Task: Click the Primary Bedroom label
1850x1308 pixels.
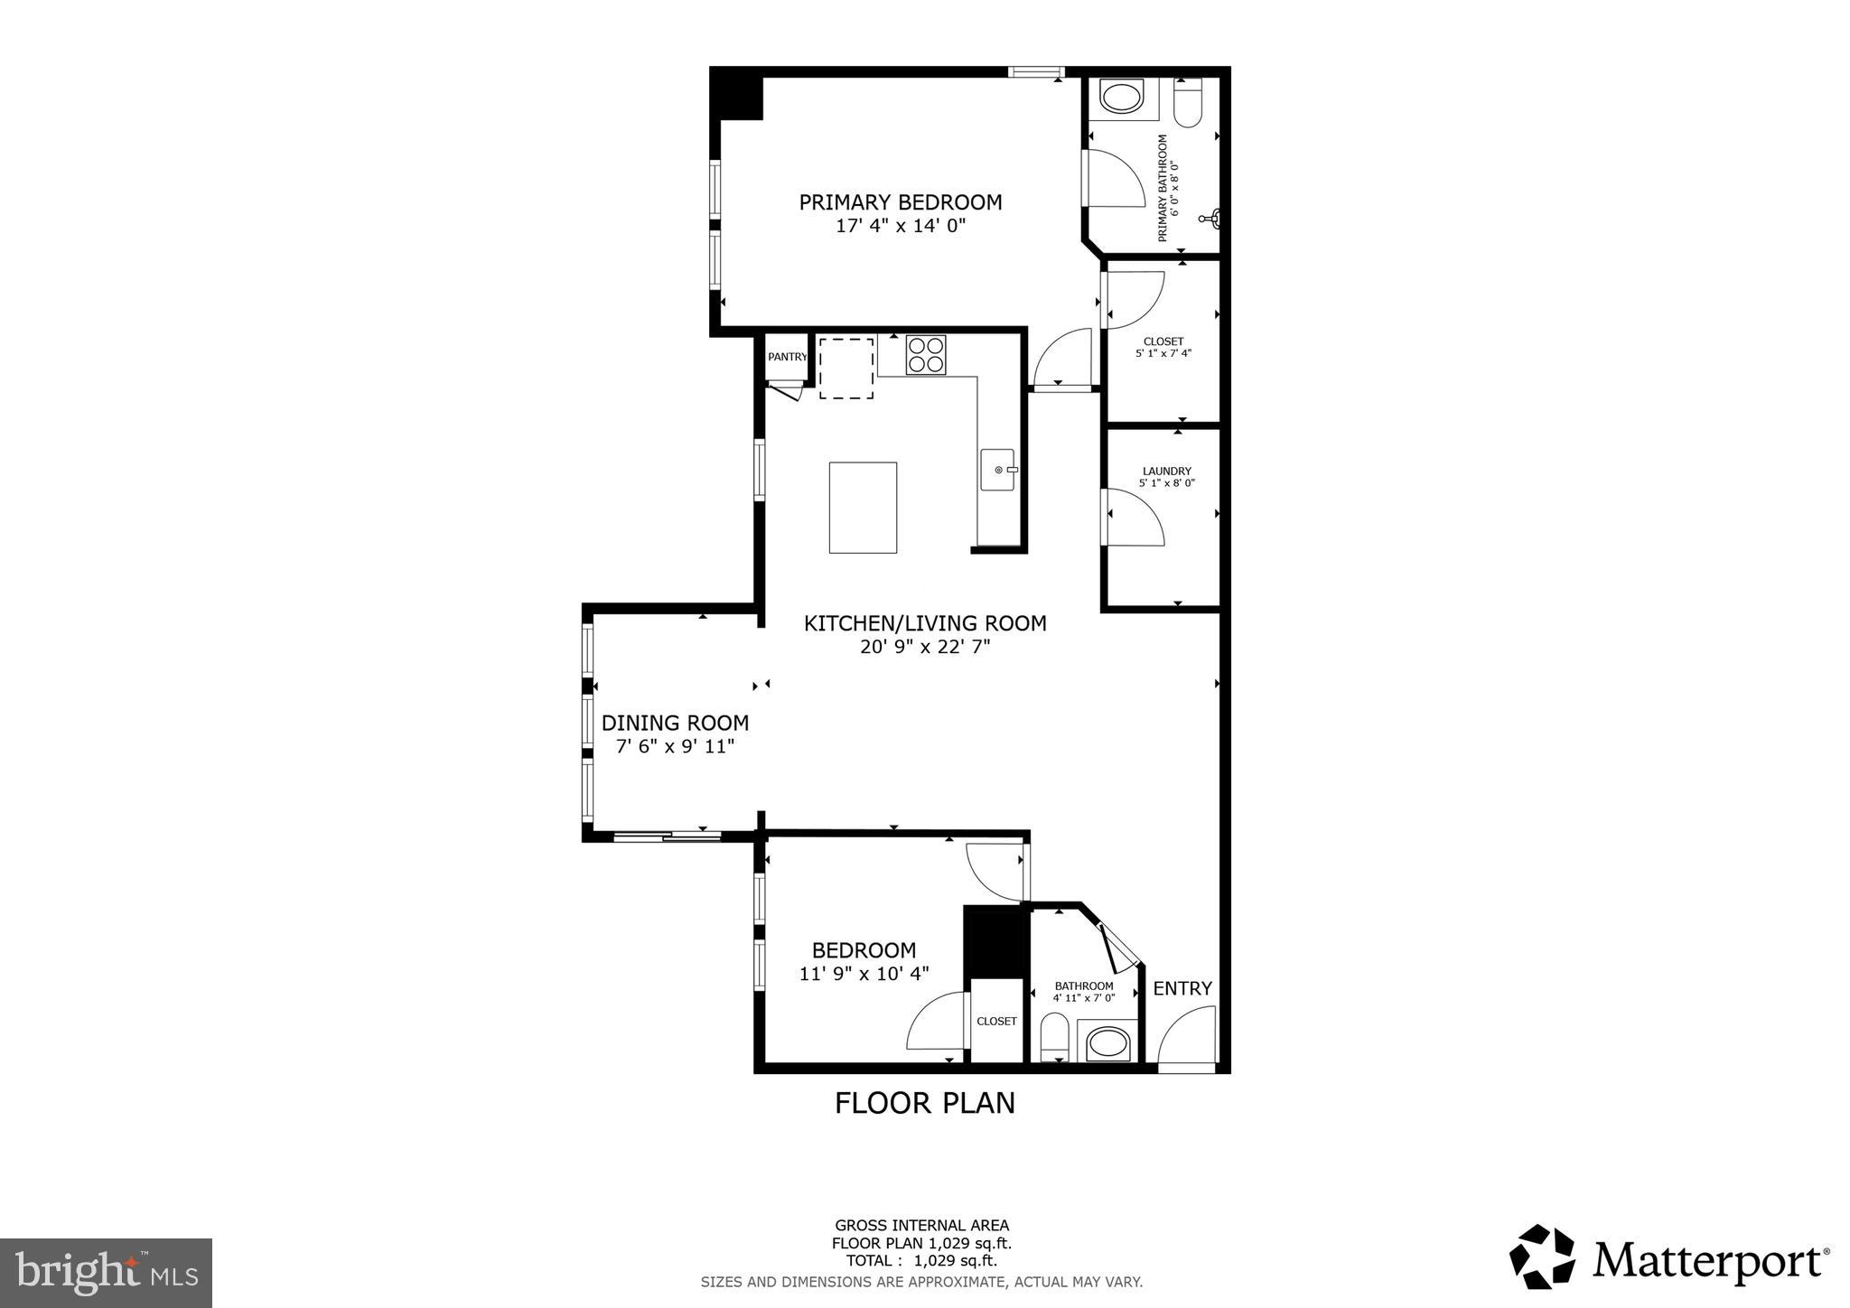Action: coord(900,202)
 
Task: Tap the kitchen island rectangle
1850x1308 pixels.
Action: coord(863,508)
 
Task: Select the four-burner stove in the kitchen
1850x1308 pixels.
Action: coord(926,354)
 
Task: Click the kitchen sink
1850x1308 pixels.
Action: coord(997,470)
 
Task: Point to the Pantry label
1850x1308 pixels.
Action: coord(787,357)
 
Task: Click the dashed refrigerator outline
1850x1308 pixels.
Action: coord(846,368)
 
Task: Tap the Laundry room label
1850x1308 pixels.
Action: coord(1166,471)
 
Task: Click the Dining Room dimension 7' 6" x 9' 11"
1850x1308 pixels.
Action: coord(675,747)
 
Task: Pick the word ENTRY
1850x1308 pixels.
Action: coord(1182,988)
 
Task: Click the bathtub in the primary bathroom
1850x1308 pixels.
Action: coord(1122,98)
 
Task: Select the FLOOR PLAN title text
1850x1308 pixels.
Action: coord(924,1103)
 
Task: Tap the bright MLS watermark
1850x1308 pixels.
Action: coord(106,1274)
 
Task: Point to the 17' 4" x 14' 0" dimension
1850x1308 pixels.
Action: coord(900,226)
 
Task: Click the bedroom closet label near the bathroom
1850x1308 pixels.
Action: coord(996,1021)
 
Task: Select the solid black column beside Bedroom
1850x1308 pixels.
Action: coord(995,939)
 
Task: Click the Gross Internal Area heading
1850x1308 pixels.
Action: coord(921,1226)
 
